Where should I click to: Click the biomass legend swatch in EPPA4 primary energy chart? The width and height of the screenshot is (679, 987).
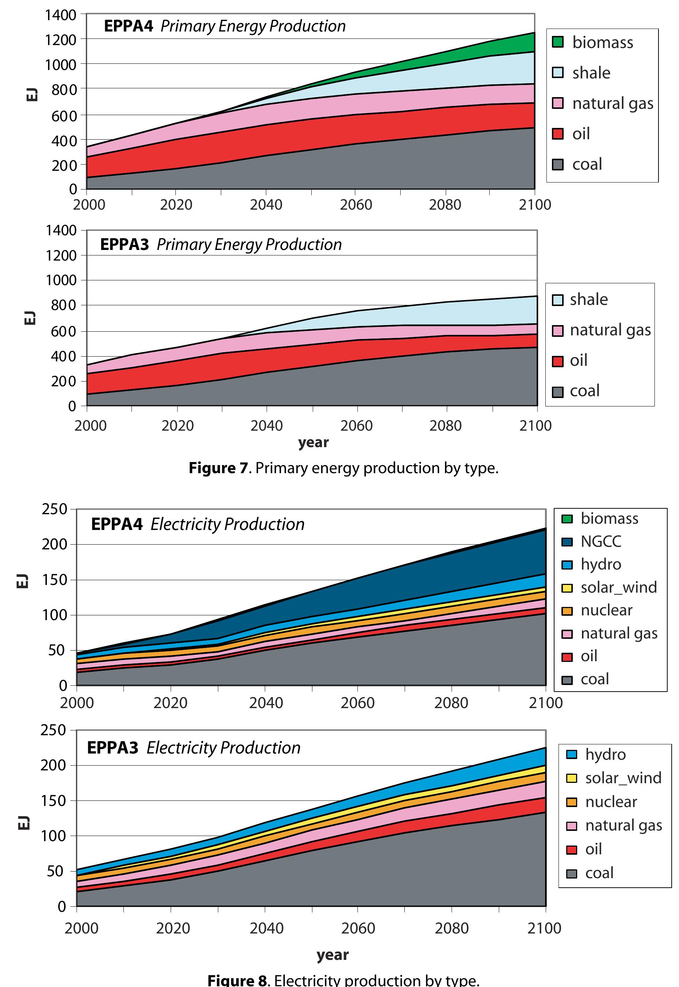point(557,42)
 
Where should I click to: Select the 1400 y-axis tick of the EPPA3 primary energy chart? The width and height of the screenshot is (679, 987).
point(61,231)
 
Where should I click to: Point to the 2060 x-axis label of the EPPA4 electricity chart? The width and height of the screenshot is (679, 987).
point(357,702)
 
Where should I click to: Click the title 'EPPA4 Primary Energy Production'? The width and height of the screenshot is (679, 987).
point(225,26)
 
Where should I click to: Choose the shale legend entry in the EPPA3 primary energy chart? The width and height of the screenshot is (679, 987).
point(589,299)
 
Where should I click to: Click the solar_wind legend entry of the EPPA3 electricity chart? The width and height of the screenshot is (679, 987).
point(623,778)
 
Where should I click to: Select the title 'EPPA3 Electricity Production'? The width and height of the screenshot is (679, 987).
point(194,748)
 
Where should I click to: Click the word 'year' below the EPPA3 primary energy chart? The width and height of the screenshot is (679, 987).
point(313,442)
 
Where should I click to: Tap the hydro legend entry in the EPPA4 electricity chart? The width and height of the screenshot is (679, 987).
point(600,564)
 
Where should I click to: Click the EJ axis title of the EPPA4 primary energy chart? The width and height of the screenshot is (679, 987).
point(32,95)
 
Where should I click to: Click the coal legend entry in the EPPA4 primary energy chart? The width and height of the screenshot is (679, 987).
point(587,164)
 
